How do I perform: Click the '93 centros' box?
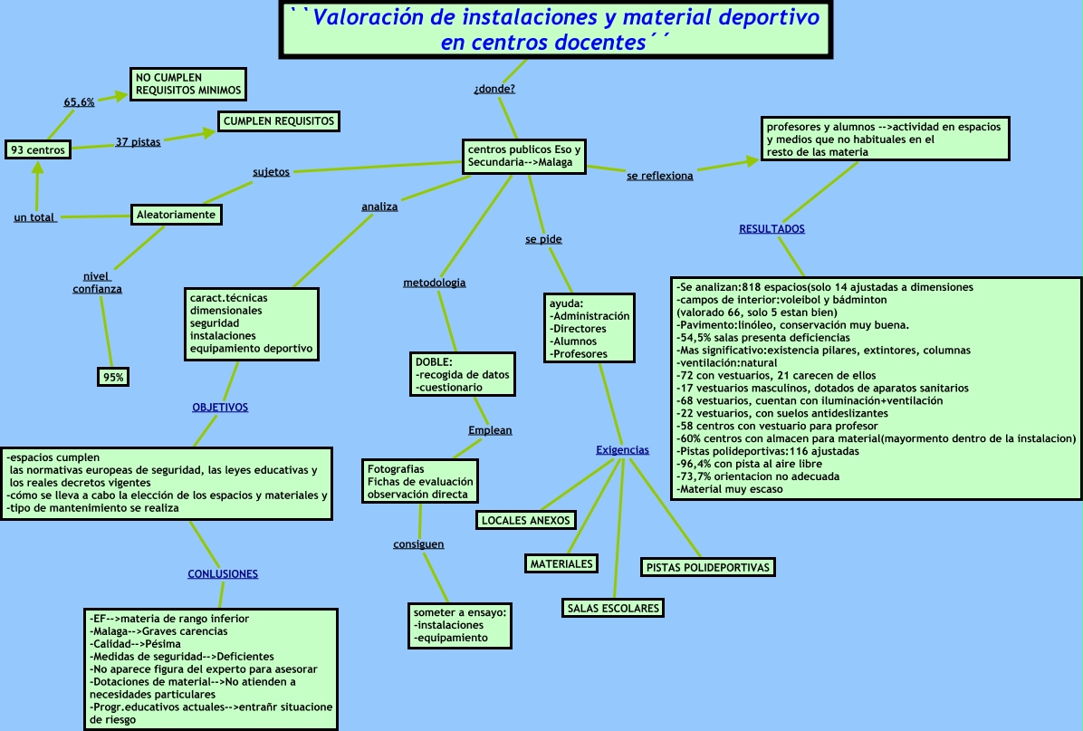tap(38, 149)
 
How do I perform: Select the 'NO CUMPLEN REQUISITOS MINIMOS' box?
tap(187, 84)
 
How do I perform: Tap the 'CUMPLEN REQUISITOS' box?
tap(278, 120)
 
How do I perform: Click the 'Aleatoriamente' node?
tap(176, 215)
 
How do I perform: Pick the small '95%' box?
tap(113, 377)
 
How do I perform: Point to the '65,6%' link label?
tap(79, 102)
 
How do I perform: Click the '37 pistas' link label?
tap(138, 142)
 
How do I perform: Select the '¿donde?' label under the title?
tap(494, 89)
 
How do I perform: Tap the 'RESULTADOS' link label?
tap(772, 229)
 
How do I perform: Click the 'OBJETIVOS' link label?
tap(220, 408)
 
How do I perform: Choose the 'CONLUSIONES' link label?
tap(223, 574)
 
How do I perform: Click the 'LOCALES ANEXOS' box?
tap(525, 520)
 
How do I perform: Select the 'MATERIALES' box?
tap(561, 563)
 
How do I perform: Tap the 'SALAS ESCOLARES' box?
tap(613, 608)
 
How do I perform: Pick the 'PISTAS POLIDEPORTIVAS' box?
tap(708, 568)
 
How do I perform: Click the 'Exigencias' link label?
tap(622, 450)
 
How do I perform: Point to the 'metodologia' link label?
tap(435, 283)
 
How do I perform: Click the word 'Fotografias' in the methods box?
tap(396, 469)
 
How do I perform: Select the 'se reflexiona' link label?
tap(660, 176)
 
